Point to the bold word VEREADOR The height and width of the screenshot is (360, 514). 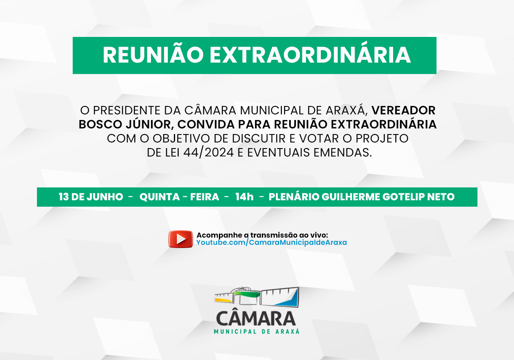click(404, 110)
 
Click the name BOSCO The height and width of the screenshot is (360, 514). click(100, 124)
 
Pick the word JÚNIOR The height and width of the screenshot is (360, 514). click(149, 124)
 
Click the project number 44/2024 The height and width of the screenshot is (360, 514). click(208, 153)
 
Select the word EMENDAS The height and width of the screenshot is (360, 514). click(343, 153)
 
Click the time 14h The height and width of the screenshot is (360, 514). click(245, 197)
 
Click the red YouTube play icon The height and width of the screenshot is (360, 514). click(181, 239)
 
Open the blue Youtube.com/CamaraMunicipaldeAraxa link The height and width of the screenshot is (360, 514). click(271, 242)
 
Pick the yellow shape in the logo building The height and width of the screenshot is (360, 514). click(223, 300)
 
